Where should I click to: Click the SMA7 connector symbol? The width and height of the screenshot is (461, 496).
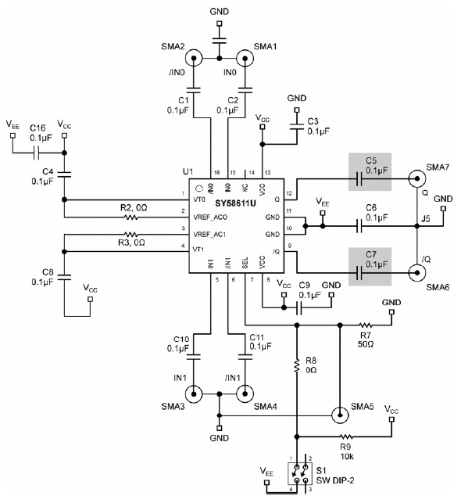(416, 178)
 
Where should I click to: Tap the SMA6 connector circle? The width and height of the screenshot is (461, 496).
(416, 272)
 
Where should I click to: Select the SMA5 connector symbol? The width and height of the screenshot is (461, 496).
(340, 415)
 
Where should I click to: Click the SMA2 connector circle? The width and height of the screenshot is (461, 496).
(194, 58)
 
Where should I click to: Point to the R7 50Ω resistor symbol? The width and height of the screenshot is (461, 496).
(366, 325)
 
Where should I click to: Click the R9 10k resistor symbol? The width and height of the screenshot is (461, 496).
(346, 437)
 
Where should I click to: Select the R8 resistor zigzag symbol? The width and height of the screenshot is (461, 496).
(297, 365)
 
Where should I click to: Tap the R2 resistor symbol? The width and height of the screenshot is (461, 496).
(130, 217)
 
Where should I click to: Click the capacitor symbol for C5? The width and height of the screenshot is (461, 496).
(359, 179)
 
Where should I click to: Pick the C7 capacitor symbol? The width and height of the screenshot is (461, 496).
(359, 273)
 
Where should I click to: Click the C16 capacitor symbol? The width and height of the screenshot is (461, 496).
(37, 153)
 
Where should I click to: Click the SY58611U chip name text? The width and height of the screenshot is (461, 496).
(235, 203)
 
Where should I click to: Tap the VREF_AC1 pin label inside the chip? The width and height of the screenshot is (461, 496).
(209, 235)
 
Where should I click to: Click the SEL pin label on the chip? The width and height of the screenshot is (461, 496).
(245, 263)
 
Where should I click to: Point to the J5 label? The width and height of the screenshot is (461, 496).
(426, 218)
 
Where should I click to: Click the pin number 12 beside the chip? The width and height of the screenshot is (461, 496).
(289, 193)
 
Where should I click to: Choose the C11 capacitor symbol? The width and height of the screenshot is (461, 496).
(245, 357)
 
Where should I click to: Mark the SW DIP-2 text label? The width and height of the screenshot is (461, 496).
(335, 480)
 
